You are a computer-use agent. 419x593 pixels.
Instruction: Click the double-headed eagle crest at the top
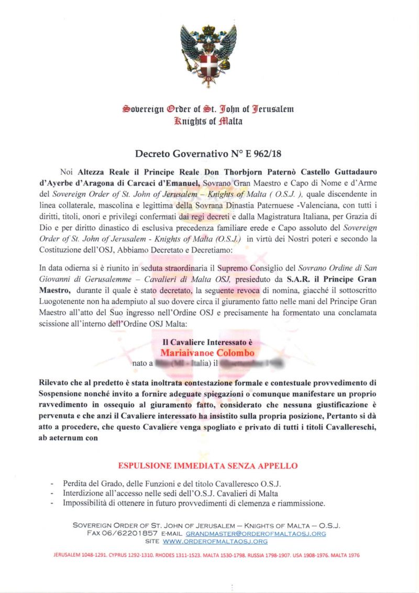click(208, 55)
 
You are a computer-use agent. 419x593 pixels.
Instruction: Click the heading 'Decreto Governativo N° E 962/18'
click(208, 154)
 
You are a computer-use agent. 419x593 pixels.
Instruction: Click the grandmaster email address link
click(256, 533)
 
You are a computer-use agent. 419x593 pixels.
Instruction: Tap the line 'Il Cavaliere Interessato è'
click(207, 342)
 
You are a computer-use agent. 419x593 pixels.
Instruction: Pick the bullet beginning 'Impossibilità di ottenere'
click(194, 503)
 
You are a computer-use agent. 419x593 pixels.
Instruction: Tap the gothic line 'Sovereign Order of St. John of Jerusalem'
click(208, 109)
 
